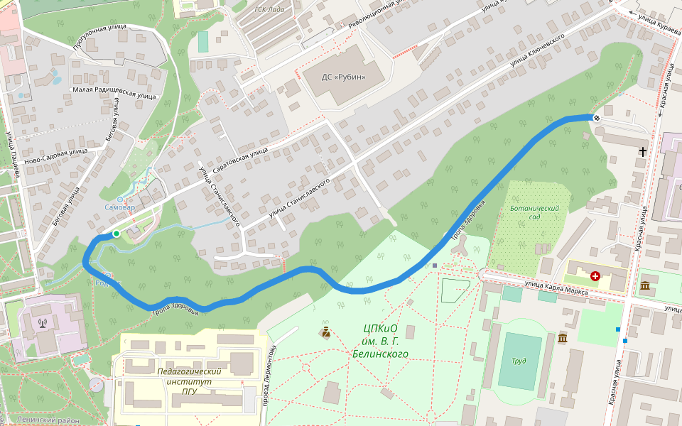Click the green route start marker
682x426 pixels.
pos(116,234)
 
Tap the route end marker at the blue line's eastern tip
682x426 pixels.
pos(597,117)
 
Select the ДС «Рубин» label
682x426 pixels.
pos(344,77)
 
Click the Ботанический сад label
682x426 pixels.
pos(534,213)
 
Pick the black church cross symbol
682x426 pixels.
pos(643,151)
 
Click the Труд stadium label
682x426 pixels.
pos(519,361)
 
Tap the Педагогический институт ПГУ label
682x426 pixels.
pos(189,381)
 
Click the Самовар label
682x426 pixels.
pos(119,208)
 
